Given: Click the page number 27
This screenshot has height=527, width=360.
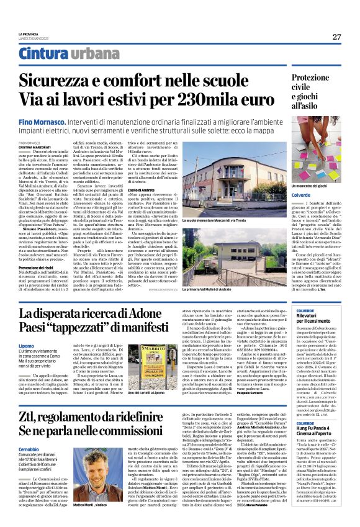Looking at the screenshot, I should click(x=336, y=37).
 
